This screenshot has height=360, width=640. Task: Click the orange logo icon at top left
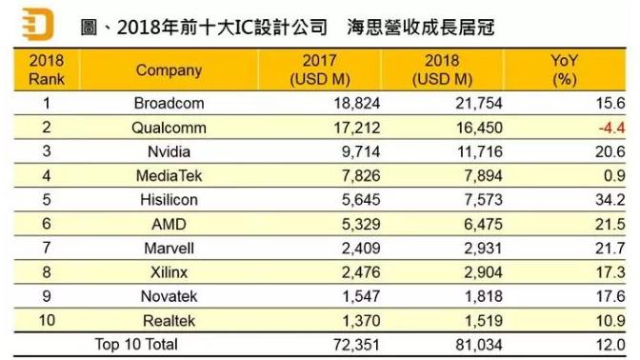point(36,23)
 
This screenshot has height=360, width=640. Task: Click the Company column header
point(169,70)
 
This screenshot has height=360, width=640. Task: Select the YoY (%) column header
point(567,70)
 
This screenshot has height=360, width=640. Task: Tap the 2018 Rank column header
point(46,70)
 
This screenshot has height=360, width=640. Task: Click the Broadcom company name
point(169,102)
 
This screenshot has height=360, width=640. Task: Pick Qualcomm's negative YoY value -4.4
point(609,127)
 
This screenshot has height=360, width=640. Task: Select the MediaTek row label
point(169,175)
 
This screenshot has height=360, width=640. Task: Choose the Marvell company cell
point(169,248)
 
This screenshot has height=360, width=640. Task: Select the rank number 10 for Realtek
point(46,320)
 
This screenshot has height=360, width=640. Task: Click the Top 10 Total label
point(135,343)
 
